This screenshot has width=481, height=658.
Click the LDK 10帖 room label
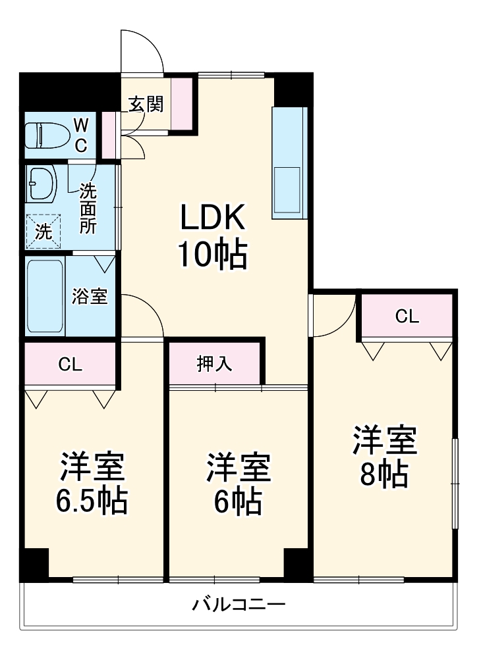pos(212,236)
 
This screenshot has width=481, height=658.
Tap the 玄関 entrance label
pos(145,104)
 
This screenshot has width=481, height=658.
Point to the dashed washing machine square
pos(43,230)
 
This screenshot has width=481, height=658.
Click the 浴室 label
pos(90,297)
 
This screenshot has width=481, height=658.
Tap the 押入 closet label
pos(214,364)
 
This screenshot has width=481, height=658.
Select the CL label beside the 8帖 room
pos(407,316)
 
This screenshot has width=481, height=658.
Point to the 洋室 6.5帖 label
pos(92,483)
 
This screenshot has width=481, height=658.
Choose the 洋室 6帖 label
pos(237,484)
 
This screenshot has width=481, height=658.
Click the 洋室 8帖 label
pos(383,457)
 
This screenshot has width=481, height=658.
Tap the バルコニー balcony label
pos(239,603)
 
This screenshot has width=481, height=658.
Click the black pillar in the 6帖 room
pos(297,563)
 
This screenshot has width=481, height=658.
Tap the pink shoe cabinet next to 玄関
pos(183,103)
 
